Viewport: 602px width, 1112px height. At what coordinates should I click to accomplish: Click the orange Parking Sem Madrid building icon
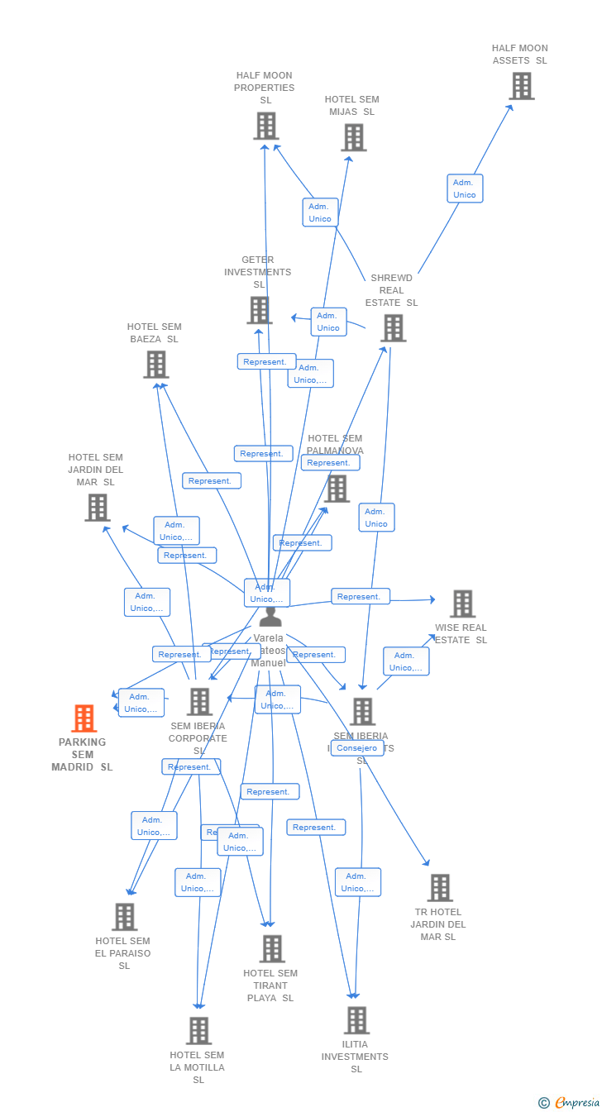(84, 718)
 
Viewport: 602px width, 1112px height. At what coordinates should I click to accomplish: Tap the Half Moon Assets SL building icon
(521, 86)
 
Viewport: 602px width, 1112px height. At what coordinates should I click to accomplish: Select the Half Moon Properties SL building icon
(265, 126)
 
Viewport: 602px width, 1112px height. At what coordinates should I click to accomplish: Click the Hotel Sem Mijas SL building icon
(354, 137)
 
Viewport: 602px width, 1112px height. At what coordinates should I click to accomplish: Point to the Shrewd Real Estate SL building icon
(393, 327)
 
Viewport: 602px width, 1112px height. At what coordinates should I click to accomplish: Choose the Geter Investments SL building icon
(260, 310)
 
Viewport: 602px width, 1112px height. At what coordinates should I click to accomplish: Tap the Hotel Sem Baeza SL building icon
(156, 365)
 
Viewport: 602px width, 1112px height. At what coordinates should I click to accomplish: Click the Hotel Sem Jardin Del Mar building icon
(98, 508)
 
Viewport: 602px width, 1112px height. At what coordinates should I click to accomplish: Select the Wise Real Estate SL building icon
(462, 604)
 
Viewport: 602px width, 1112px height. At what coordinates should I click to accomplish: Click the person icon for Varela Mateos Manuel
(270, 617)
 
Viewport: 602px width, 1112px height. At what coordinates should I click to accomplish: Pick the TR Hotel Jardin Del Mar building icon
(439, 888)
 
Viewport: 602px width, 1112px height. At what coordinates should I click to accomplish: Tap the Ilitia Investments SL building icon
(356, 1020)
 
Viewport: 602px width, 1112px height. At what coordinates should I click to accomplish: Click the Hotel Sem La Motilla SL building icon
(198, 1031)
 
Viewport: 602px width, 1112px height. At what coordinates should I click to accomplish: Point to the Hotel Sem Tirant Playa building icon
(272, 949)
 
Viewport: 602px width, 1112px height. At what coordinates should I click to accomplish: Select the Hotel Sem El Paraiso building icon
(125, 917)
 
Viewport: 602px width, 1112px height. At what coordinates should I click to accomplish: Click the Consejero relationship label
(357, 748)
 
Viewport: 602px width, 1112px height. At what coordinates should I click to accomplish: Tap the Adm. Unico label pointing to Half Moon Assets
(465, 189)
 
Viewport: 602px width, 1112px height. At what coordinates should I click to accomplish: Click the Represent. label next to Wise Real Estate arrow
(360, 596)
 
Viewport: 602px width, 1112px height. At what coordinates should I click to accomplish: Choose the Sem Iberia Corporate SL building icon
(199, 702)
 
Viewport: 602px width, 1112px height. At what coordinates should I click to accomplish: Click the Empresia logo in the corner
(576, 1102)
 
